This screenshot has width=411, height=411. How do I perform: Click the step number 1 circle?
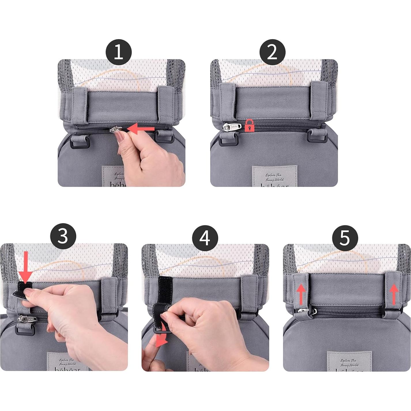coord(118,52)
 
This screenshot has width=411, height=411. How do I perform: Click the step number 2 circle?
coord(272,52)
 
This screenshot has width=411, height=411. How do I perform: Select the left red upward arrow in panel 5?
coord(301,293)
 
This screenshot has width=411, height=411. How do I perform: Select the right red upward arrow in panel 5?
coord(394,293)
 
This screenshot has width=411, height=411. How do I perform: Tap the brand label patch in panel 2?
coord(274,176)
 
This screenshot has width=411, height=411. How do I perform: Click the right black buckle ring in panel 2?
coord(317,136)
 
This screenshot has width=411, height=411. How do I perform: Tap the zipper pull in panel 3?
coord(27,318)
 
